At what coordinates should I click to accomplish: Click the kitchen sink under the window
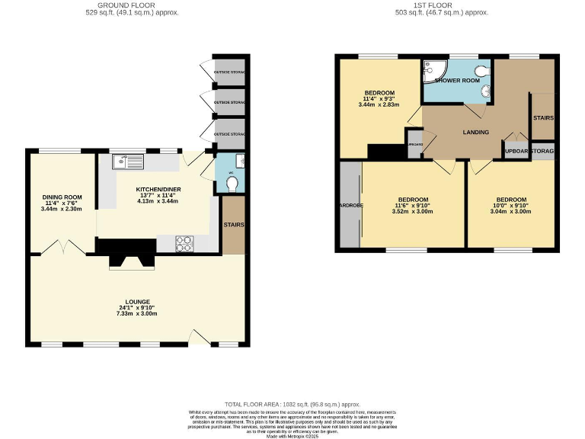[126, 162]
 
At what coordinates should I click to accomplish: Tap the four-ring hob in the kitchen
[184, 244]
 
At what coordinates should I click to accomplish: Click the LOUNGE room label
[139, 302]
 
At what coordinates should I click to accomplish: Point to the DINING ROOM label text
[62, 197]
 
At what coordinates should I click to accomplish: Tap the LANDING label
[476, 132]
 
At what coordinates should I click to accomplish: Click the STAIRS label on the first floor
[543, 118]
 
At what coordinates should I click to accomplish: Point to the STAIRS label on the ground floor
[234, 225]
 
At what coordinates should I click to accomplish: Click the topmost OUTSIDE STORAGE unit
[229, 73]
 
